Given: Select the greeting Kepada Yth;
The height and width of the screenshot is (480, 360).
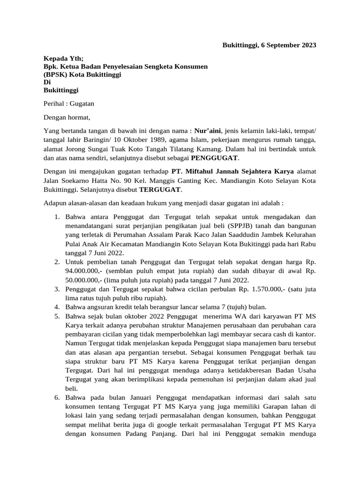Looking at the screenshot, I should [x=63, y=59].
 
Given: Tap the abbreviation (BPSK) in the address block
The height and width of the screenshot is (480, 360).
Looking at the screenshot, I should [x=56, y=75].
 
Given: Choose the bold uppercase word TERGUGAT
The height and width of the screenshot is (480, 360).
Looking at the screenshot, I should [x=159, y=189].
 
